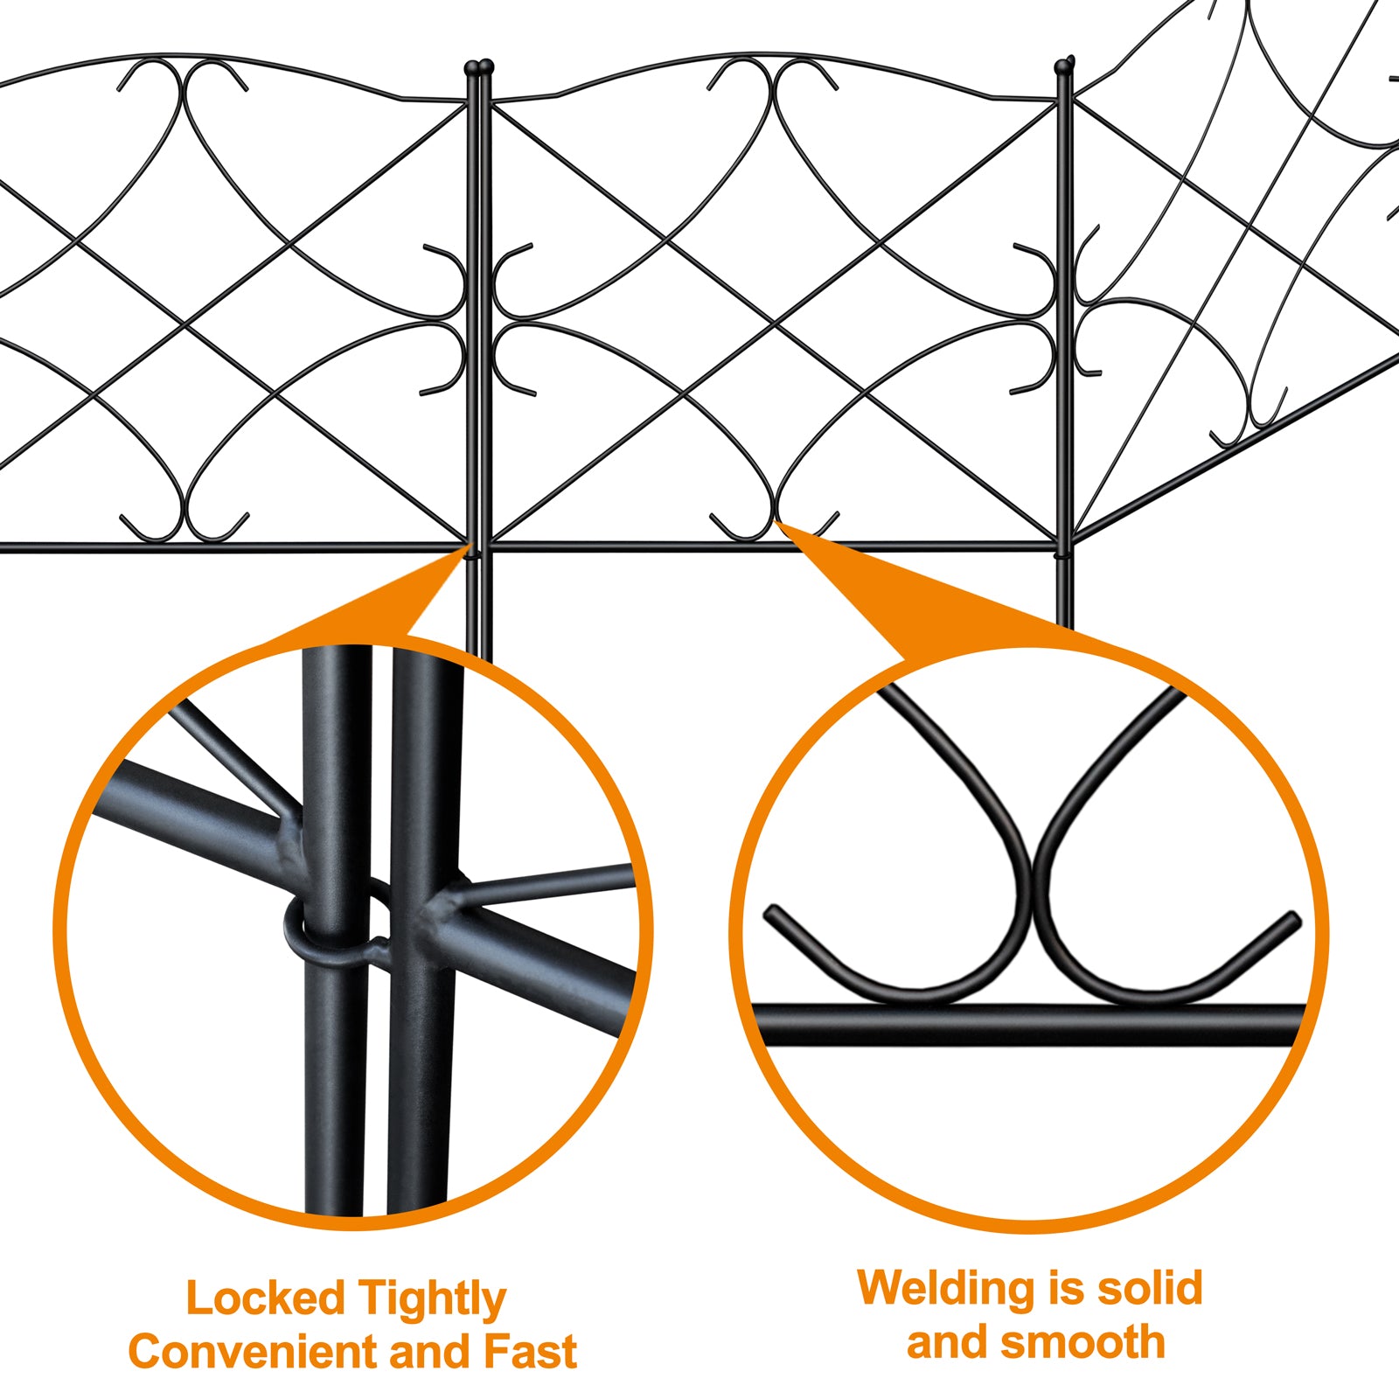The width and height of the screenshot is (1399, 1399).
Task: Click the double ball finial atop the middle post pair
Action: coord(479,66)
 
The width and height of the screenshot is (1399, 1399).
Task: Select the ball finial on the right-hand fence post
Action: coord(1065,65)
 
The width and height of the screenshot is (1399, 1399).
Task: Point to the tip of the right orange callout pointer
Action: coord(777,523)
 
